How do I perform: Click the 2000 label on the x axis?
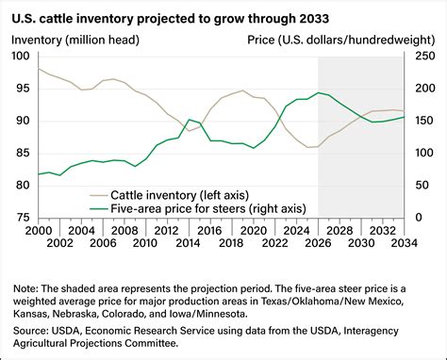coord(39,231)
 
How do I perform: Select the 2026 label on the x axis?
coord(319,231)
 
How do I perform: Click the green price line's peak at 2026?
coord(319,92)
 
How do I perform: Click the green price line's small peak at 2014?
coord(190,120)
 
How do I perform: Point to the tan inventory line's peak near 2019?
coord(243,90)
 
